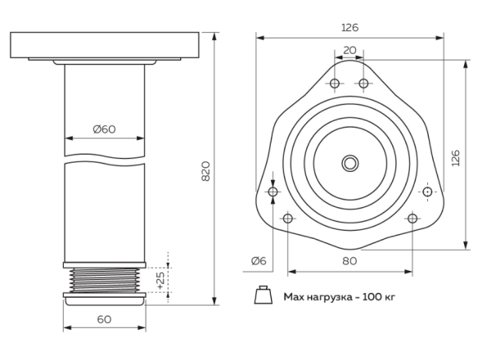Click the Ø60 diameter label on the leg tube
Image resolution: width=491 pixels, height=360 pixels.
click(104, 128)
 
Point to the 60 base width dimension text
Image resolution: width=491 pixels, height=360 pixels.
click(104, 319)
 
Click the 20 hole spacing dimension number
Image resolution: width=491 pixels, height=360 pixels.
click(349, 50)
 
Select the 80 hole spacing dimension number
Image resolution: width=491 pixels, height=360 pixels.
click(349, 261)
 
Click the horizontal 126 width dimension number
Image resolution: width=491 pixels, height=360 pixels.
click(349, 27)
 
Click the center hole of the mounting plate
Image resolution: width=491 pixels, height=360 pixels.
click(350, 163)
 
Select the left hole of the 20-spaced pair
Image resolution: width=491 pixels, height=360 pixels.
click(336, 83)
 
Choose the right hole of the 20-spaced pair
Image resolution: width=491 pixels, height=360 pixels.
click(363, 83)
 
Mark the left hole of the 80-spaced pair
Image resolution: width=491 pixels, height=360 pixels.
click(287, 218)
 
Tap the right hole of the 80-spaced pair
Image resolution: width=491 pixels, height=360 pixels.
click(412, 218)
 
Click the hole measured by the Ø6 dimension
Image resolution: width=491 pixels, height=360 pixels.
click(273, 191)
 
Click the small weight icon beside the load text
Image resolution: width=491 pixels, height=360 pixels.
click(264, 295)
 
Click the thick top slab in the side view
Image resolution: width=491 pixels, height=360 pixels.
click(104, 45)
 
